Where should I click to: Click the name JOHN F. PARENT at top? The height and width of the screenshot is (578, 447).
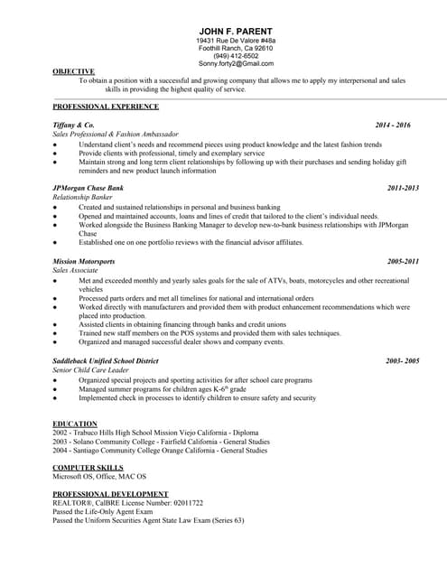(x=235, y=31)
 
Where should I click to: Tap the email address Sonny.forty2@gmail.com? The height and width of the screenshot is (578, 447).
(x=235, y=64)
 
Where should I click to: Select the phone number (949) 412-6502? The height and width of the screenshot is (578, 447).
(x=235, y=56)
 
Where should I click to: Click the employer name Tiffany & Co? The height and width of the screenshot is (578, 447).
(x=73, y=125)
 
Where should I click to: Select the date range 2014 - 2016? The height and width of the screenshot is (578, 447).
(x=393, y=125)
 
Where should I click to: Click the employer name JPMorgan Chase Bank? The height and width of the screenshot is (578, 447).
(x=88, y=188)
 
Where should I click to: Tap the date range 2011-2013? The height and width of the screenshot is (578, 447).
(x=403, y=188)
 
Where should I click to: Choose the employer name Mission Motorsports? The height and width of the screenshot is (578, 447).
(x=84, y=261)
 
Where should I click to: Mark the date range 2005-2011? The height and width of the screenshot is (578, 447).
(x=403, y=261)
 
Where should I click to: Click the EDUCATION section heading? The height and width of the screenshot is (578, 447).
(x=75, y=424)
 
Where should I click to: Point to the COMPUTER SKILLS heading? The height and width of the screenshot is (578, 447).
(x=88, y=467)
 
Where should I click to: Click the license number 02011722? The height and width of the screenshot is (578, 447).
(x=183, y=503)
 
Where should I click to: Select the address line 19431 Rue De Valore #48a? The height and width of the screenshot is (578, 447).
(x=235, y=41)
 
